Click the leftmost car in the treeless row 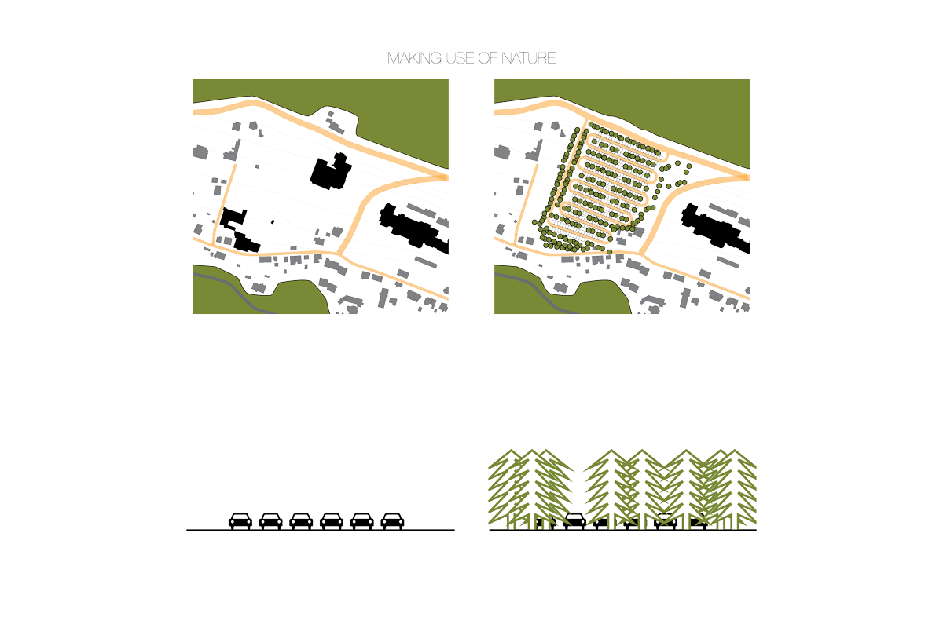240,520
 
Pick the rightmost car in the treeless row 392,520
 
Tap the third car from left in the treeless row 301,520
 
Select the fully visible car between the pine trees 574,520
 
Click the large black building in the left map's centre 331,172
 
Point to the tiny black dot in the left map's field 273,221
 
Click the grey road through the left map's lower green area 236,290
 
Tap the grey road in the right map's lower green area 538,290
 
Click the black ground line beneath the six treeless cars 321,530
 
